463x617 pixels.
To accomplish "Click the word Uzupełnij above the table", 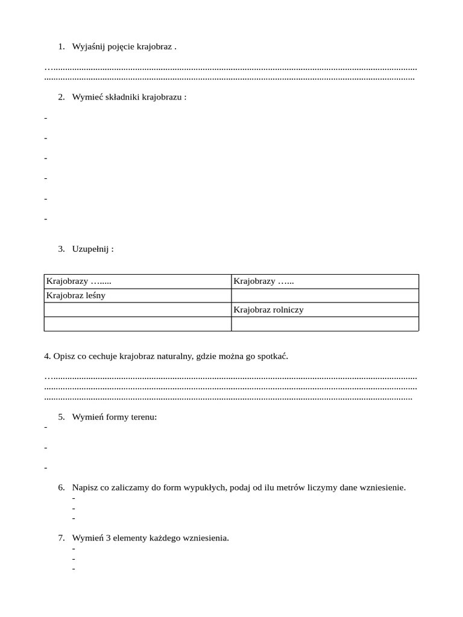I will coord(90,249).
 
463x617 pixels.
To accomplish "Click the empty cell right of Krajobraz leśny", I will coord(325,295).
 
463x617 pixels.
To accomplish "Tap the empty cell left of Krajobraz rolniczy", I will coord(137,310).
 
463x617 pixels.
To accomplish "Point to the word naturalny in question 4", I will coord(174,356).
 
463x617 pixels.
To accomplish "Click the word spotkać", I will coord(274,356).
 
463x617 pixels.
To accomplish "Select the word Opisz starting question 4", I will coord(63,356).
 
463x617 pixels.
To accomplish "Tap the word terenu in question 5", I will coord(143,417).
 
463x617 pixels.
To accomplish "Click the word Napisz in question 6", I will coord(84,487).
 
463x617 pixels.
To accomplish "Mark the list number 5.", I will coord(61,417).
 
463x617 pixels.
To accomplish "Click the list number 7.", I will coord(61,538).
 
